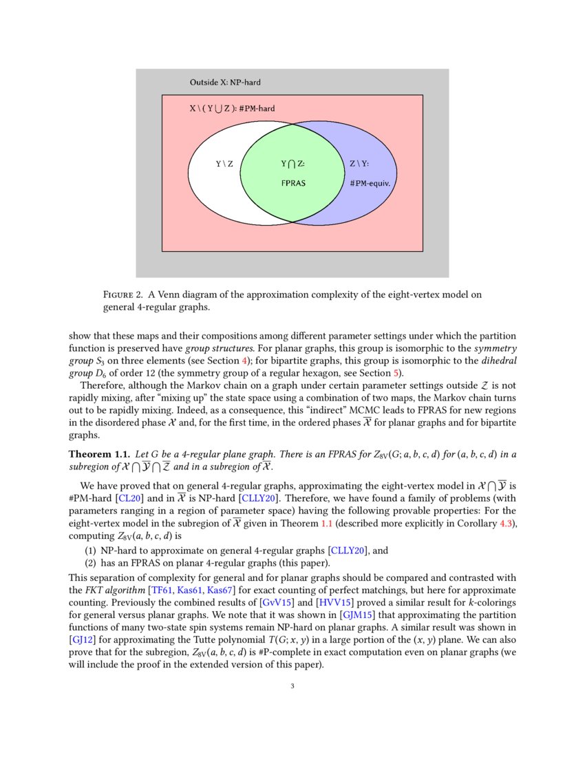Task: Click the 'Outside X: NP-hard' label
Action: (x=225, y=83)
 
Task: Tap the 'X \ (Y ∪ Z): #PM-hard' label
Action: (x=232, y=109)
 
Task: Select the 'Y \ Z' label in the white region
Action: (x=224, y=164)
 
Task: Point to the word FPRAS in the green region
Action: (x=293, y=184)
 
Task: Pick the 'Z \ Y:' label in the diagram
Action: (x=359, y=164)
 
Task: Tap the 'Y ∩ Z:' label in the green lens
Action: (x=292, y=164)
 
